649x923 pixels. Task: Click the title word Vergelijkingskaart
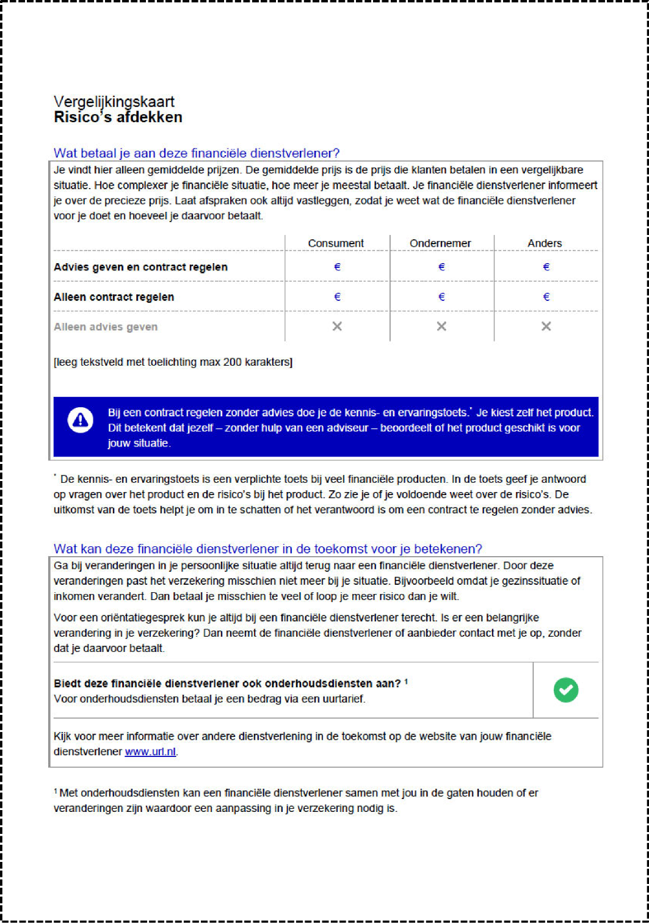coord(114,101)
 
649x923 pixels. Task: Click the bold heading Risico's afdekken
coord(118,117)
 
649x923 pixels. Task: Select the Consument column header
coord(336,243)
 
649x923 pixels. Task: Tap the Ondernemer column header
coord(440,243)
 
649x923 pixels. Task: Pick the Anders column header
coord(545,243)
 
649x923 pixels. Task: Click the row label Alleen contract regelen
coord(114,297)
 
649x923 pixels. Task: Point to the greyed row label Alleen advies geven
coord(106,327)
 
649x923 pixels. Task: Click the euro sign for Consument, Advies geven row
coord(337,267)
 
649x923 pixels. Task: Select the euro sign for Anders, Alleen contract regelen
coord(546,297)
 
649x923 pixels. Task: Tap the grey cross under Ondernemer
coord(441,327)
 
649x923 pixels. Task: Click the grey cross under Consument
coord(337,327)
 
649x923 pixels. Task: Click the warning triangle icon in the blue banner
coord(81,420)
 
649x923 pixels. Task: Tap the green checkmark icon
coord(566,690)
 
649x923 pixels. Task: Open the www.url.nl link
coord(151,751)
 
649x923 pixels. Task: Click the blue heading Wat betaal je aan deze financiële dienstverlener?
coord(197,153)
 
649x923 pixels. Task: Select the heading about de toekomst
coord(267,548)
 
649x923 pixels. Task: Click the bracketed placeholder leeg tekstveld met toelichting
coord(173,362)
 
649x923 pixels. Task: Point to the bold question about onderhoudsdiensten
coord(227,683)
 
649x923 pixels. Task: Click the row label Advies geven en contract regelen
coord(140,267)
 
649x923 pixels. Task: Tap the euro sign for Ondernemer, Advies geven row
coord(441,267)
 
